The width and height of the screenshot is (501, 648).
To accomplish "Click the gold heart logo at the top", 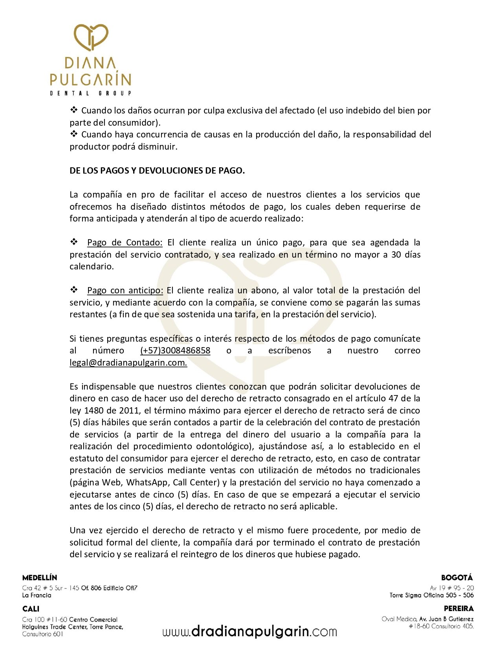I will click(92, 37).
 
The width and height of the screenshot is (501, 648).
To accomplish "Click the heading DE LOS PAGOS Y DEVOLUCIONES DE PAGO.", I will click(157, 170).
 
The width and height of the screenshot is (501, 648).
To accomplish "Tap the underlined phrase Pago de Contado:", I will click(125, 242).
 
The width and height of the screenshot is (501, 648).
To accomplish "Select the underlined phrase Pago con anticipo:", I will click(125, 290).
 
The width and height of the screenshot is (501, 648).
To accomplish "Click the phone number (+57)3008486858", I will click(175, 350).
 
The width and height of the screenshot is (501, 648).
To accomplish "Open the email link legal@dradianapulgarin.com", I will click(128, 362).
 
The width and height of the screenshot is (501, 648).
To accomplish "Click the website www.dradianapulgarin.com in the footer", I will click(250, 631).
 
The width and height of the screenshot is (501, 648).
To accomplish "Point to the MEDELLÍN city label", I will click(40, 578).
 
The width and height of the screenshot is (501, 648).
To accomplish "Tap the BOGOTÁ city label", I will click(457, 578).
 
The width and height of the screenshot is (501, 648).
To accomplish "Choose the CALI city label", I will click(31, 609).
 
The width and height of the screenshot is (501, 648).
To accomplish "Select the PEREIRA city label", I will click(459, 609).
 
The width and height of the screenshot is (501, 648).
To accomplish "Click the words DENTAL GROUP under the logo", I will click(90, 93).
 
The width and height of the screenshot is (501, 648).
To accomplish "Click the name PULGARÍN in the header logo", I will click(90, 79).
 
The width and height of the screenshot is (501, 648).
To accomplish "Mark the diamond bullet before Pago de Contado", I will click(74, 242).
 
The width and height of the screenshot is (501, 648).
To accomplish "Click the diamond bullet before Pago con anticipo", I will click(74, 290).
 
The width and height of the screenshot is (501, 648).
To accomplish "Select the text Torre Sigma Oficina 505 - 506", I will click(431, 595).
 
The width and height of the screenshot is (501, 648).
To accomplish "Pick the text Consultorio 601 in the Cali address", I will click(42, 634).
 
